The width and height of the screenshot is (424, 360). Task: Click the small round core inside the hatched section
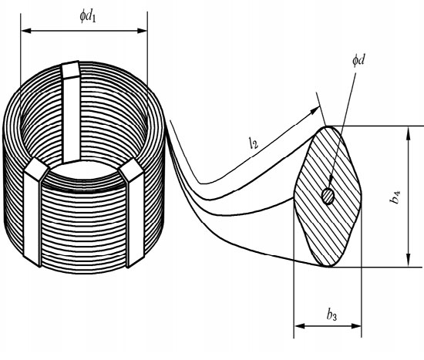tap(329, 197)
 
